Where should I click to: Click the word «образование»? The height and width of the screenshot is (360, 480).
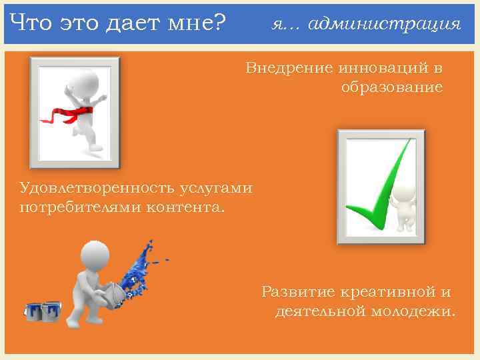pos(392,87)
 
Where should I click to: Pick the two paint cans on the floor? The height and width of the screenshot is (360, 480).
pos(43,311)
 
